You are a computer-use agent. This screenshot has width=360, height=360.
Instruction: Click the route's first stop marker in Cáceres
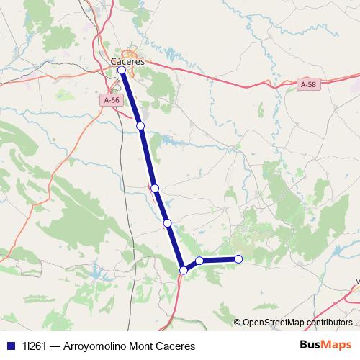122,71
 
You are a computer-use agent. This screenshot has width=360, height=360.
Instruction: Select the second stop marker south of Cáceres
140,126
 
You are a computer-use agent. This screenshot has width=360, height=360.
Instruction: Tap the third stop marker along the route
154,188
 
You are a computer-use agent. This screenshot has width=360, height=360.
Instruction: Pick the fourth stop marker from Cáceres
167,223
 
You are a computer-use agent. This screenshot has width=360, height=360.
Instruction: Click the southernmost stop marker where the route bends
184,270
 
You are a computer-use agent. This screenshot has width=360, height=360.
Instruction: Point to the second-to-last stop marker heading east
199,261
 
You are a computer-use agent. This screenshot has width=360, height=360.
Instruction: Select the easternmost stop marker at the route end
238,259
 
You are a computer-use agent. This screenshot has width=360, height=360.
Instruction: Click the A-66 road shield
112,102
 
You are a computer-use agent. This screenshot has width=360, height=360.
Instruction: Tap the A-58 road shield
307,85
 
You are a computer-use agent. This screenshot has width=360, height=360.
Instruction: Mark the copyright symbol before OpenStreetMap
238,323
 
